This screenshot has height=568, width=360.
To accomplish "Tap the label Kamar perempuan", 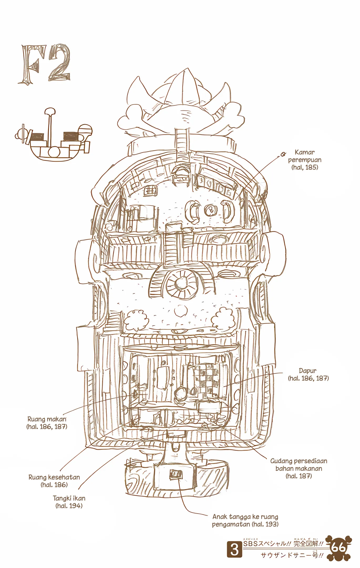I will [x=305, y=160].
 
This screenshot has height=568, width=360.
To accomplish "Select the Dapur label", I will [x=308, y=374].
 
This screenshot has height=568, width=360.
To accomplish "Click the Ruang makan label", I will [x=47, y=423].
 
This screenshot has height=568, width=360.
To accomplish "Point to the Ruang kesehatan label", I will [x=54, y=481].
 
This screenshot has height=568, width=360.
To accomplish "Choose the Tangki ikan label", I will [x=69, y=502].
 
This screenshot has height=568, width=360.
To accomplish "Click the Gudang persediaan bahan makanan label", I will [x=299, y=468].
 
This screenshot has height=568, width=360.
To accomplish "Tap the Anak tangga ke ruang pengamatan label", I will [x=245, y=520].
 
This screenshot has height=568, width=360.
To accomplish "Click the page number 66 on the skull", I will [x=338, y=548].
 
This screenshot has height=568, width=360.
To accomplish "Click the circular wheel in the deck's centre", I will [x=181, y=283].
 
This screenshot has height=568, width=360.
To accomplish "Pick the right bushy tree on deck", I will [x=223, y=319].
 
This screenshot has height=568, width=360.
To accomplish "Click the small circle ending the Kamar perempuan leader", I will [x=283, y=154].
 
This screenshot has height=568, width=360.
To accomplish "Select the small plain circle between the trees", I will [x=181, y=311].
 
